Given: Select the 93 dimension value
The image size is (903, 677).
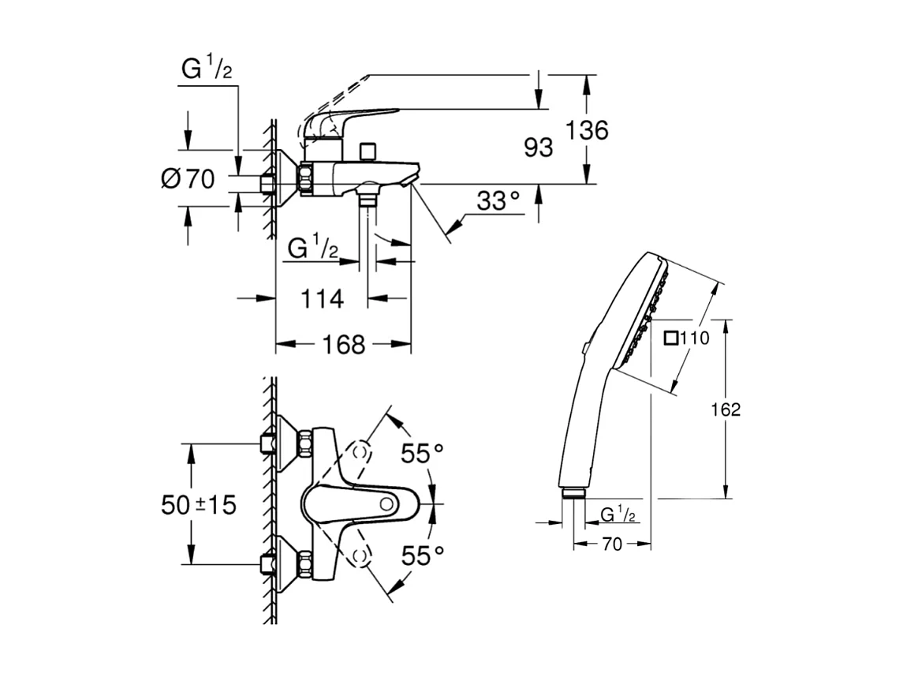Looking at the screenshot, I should click(539, 148).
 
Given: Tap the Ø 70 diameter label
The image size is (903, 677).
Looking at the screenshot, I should click(188, 179).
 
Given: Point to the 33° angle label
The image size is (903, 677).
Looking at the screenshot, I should click(498, 202).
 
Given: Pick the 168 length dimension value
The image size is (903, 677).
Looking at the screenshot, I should click(344, 345).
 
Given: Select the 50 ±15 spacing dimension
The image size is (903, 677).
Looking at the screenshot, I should click(199, 504).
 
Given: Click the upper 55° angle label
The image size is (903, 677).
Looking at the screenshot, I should click(422, 453).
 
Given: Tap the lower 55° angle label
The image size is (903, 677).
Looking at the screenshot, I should click(422, 555).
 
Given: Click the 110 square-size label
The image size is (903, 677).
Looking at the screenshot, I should click(695, 338).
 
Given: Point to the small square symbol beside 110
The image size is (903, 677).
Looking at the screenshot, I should click(671, 338).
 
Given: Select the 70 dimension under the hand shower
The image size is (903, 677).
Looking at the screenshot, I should click(612, 544).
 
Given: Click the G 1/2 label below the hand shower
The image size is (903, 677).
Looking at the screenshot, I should click(618, 515).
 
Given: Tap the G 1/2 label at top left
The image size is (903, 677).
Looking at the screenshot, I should click(207, 69).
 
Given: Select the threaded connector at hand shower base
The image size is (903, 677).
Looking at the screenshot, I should click(574, 494).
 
